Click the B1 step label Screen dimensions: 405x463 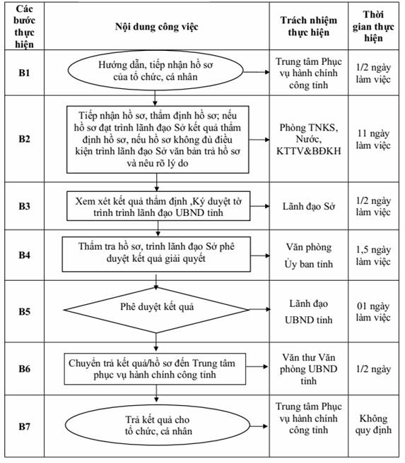tap(24, 73)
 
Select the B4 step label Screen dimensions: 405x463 tap(24, 255)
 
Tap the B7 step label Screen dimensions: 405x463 tap(24, 426)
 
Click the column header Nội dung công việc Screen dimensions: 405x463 tap(156, 27)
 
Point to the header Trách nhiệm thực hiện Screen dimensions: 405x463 tap(309, 26)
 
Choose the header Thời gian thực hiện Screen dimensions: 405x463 tap(373, 26)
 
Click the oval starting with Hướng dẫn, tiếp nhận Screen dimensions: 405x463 tap(155, 71)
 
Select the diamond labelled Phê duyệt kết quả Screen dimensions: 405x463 tap(156, 310)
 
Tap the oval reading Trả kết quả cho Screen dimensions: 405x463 tap(158, 426)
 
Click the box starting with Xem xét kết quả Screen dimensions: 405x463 tap(158, 206)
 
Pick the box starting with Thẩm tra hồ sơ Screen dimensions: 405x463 tap(156, 254)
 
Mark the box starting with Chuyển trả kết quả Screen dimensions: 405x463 tap(155, 369)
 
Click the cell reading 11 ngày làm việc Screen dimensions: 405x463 tap(373, 139)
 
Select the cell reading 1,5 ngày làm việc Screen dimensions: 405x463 tap(373, 255)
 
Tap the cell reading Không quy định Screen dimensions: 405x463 tap(373, 424)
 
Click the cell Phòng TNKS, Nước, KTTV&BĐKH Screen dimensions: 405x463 tap(309, 139)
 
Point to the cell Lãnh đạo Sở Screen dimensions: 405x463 tap(309, 206)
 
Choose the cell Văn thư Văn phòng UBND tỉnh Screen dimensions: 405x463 tap(309, 369)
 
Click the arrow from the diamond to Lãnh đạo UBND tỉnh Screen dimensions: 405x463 tap(260, 309)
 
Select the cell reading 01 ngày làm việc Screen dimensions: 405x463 tap(373, 311)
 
